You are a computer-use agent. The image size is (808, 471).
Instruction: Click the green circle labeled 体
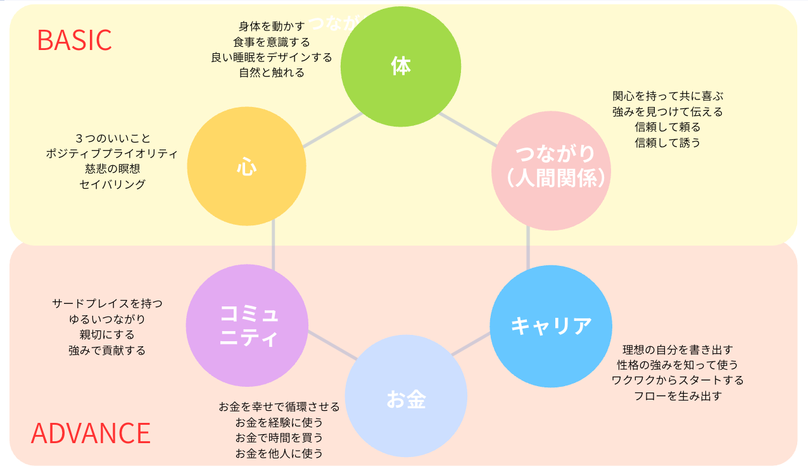[401, 66]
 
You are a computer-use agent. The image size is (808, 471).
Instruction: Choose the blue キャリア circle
[551, 327]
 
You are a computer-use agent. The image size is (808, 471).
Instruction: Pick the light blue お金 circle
[406, 399]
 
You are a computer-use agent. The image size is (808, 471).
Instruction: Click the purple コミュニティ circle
[247, 325]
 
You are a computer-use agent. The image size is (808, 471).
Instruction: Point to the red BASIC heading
[74, 40]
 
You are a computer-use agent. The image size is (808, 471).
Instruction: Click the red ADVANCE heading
[91, 433]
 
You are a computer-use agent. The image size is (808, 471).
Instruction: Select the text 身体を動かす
[272, 26]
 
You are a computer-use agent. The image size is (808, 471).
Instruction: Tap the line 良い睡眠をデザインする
[272, 57]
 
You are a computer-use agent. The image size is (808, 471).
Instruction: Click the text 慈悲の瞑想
[112, 169]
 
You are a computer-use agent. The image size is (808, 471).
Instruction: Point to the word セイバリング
[112, 184]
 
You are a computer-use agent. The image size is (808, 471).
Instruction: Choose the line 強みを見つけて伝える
[667, 111]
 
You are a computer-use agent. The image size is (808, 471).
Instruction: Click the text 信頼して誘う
[667, 142]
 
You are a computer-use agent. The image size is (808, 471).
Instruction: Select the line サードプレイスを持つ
[107, 303]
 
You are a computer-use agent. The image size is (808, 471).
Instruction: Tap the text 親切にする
[107, 334]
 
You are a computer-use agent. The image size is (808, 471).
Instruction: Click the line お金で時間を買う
[279, 437]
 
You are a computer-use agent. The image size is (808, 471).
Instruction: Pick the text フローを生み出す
[678, 396]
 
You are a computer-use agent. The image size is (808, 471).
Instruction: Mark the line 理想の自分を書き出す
[678, 349]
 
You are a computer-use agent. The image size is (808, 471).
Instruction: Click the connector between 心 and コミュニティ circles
[274, 245]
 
